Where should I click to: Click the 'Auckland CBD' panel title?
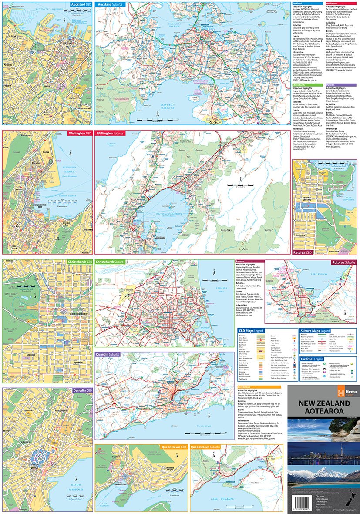point(81,4)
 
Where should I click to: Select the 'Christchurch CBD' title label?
point(80,262)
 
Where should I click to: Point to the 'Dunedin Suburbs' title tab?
point(109,355)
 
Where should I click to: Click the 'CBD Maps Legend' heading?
point(251,331)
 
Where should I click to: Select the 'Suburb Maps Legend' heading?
point(316,331)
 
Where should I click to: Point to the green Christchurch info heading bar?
point(308,85)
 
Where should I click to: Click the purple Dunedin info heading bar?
point(341,85)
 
